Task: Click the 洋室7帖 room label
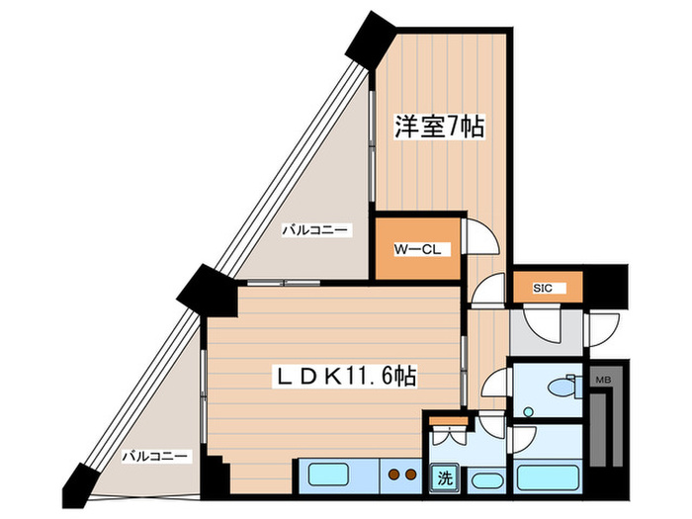click(440, 127)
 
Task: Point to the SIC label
click(544, 289)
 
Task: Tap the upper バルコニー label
click(313, 229)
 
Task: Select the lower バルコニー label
click(155, 456)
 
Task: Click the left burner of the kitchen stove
click(391, 473)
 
